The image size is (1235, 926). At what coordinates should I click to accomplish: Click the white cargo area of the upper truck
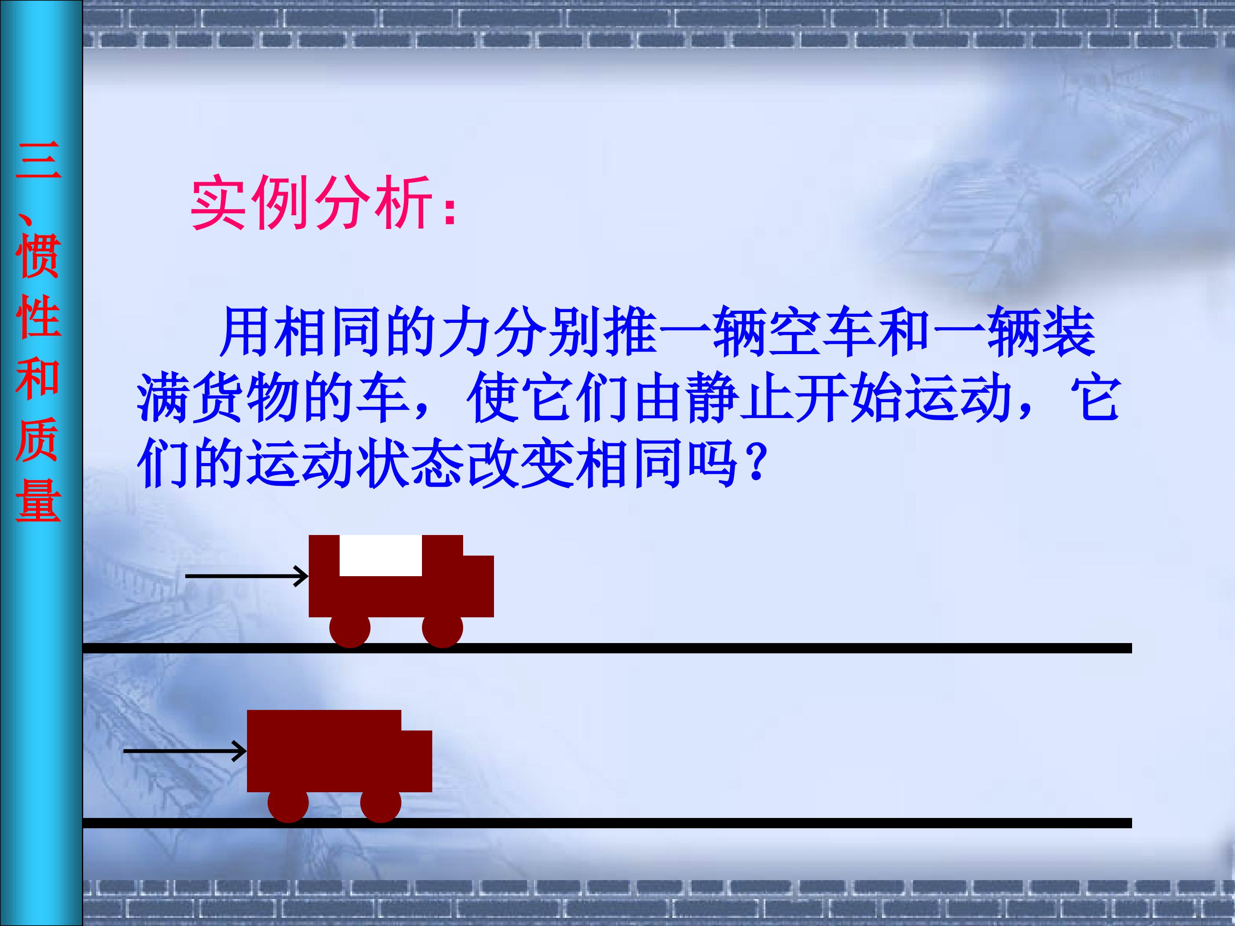[380, 555]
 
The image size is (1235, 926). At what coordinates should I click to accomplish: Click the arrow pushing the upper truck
[246, 575]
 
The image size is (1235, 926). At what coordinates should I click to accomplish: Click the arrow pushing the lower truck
[185, 751]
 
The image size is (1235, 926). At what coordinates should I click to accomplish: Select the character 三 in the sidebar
[38, 161]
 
